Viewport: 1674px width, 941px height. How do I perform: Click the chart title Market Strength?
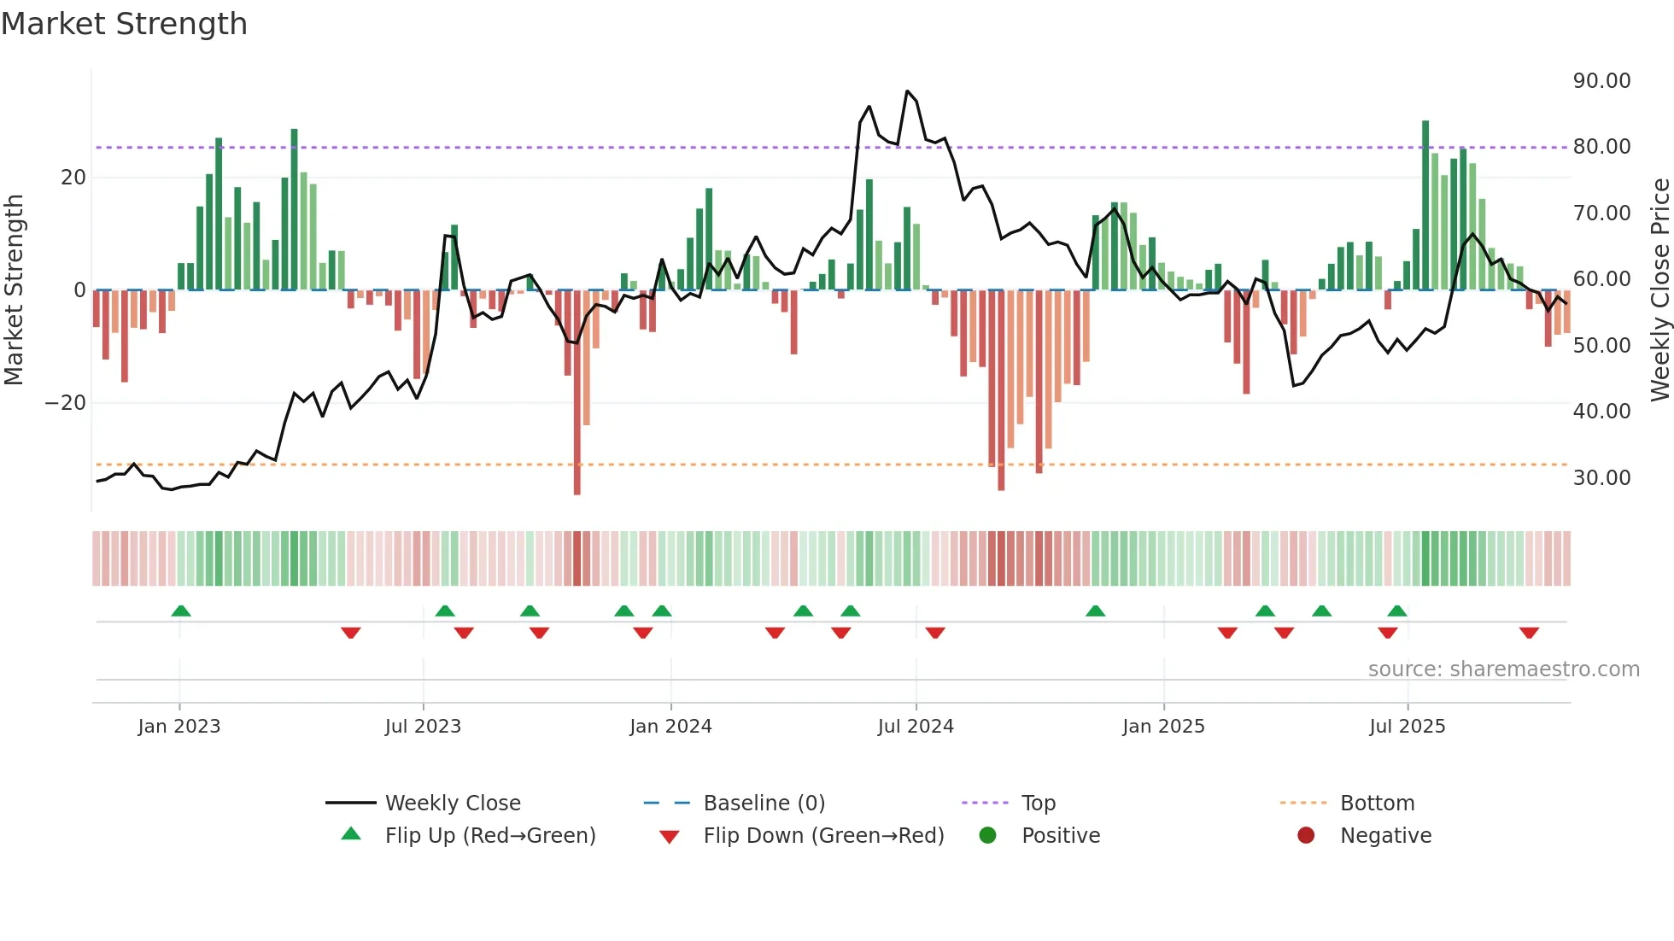pyautogui.click(x=124, y=24)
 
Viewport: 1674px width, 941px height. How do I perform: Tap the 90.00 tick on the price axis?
pyautogui.click(x=1601, y=81)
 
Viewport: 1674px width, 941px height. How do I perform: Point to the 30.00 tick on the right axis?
pyautogui.click(x=1601, y=478)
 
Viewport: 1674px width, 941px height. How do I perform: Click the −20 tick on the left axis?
pyautogui.click(x=65, y=403)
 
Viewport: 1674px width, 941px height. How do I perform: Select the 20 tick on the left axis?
pyautogui.click(x=73, y=178)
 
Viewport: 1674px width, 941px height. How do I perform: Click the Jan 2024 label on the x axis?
pyautogui.click(x=670, y=727)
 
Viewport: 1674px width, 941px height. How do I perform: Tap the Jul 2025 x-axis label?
pyautogui.click(x=1407, y=727)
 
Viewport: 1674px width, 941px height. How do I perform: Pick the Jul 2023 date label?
pyautogui.click(x=423, y=727)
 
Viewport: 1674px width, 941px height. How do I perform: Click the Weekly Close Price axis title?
pyautogui.click(x=1659, y=290)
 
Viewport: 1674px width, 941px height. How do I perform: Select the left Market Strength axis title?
pyautogui.click(x=15, y=290)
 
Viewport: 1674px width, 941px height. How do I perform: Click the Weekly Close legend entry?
pyautogui.click(x=452, y=804)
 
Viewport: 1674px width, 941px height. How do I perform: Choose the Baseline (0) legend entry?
pyautogui.click(x=764, y=804)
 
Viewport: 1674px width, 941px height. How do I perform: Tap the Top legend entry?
pyautogui.click(x=1038, y=804)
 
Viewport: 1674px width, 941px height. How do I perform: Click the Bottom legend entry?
pyautogui.click(x=1377, y=804)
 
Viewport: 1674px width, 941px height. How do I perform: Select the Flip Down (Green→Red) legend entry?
pyautogui.click(x=823, y=836)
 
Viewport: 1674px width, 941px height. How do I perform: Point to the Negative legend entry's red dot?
pyautogui.click(x=1306, y=836)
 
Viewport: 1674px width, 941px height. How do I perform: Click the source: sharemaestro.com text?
pyautogui.click(x=1503, y=669)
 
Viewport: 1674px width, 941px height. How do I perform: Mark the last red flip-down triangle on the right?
pyautogui.click(x=1529, y=633)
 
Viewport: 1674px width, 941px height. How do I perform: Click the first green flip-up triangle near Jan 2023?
pyautogui.click(x=181, y=611)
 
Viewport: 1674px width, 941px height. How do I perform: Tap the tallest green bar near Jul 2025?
pyautogui.click(x=1425, y=205)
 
